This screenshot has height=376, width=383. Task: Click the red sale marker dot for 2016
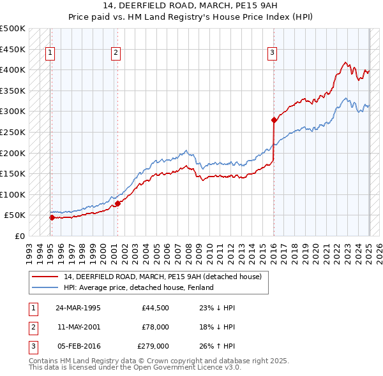coord(274,120)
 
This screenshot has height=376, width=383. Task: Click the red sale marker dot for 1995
coord(52,217)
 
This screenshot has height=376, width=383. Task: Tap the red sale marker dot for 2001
coord(117,204)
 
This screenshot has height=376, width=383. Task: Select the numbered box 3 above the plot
coord(272,53)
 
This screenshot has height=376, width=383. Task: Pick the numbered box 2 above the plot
coord(116,53)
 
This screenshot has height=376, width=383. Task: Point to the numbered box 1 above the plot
coord(50,53)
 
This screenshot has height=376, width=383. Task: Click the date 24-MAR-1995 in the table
coord(78,308)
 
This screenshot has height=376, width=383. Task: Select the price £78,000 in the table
coord(154,327)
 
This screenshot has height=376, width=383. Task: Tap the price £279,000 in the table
coord(153,346)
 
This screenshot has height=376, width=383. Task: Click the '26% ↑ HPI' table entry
coord(217,346)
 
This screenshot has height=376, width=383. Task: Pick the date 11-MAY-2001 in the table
coord(78,327)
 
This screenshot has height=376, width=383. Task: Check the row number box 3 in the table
coord(33,346)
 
